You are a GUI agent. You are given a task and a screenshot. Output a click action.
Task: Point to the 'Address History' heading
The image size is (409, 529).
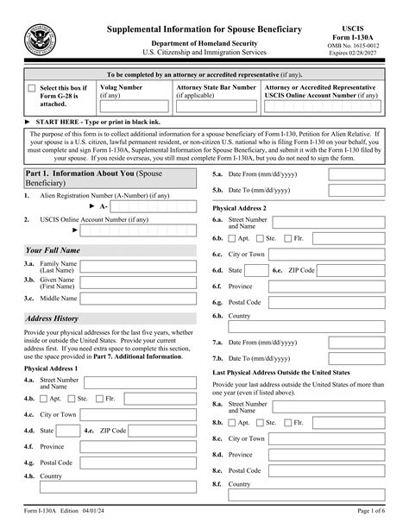tap(53, 319)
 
